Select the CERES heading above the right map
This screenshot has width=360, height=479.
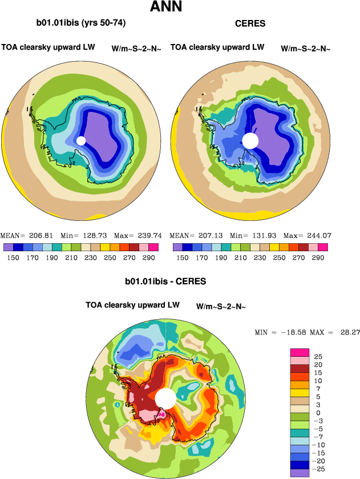(250, 24)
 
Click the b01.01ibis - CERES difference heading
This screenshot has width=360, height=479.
(165, 281)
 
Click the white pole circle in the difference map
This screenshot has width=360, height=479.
(165, 398)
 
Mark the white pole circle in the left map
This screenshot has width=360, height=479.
(80, 140)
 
